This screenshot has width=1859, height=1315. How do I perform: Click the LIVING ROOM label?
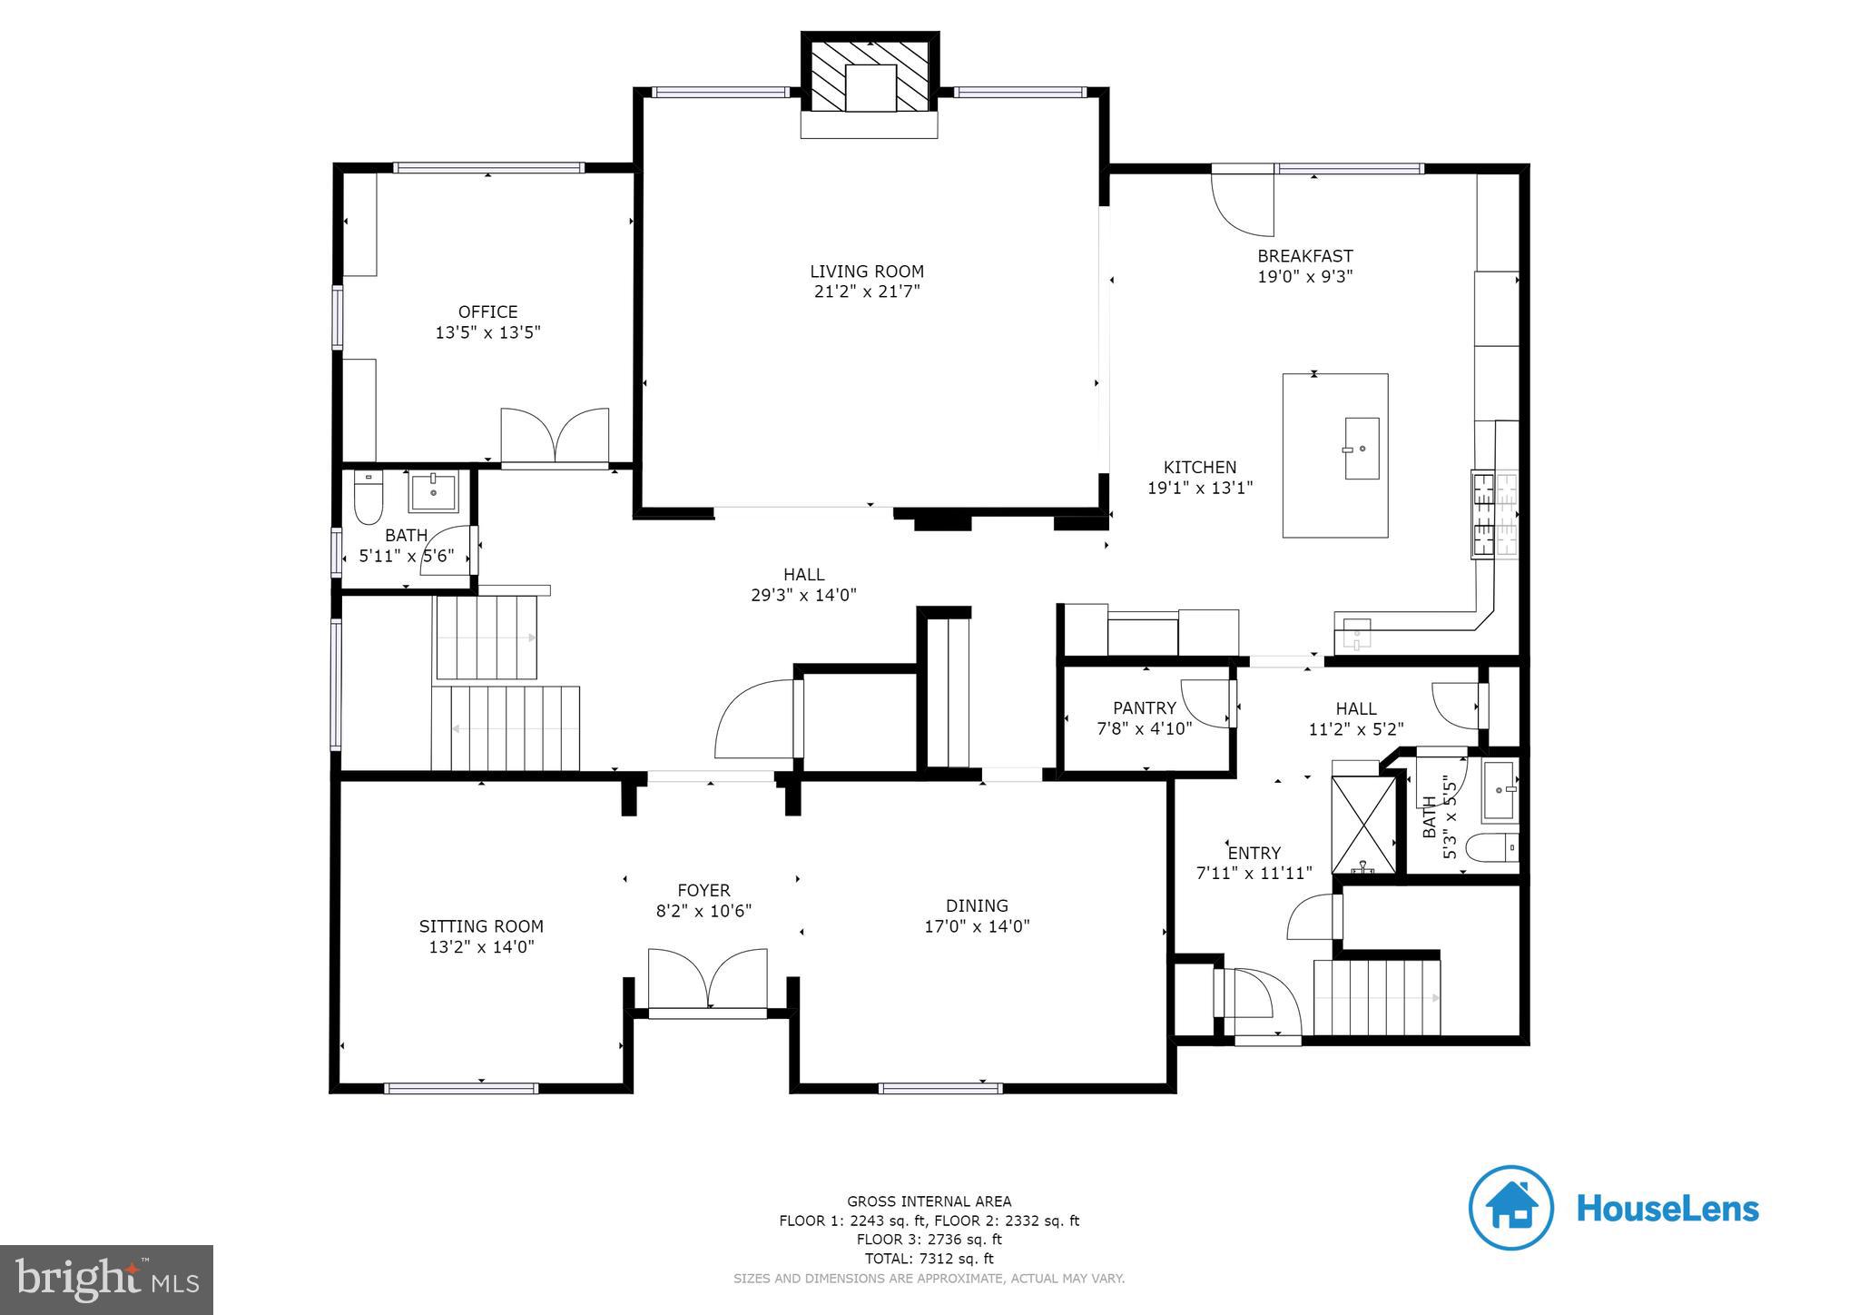pos(867,271)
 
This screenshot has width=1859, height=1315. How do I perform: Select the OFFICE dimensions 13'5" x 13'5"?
pos(487,332)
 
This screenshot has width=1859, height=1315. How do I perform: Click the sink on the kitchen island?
pos(1361,448)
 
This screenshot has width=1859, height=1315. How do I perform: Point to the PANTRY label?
pos(1144,707)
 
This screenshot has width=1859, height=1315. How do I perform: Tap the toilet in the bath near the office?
pos(368,499)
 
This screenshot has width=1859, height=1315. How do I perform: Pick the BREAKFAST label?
pos(1304,256)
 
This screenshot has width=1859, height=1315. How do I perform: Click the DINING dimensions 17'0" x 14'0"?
pos(977,926)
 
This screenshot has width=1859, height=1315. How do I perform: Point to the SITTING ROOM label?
pos(481,926)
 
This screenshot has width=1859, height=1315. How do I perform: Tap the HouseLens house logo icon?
pos(1510,1208)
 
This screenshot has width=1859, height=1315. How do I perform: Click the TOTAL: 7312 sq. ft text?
pos(929,1259)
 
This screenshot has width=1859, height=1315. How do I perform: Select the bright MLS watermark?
pos(106,1280)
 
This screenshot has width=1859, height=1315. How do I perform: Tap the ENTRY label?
pos(1254,853)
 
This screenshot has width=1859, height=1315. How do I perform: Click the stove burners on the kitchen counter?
pos(1493,514)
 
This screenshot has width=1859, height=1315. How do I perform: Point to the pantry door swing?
pos(1207,704)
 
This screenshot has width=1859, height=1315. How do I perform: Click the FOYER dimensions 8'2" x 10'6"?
pos(703,911)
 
